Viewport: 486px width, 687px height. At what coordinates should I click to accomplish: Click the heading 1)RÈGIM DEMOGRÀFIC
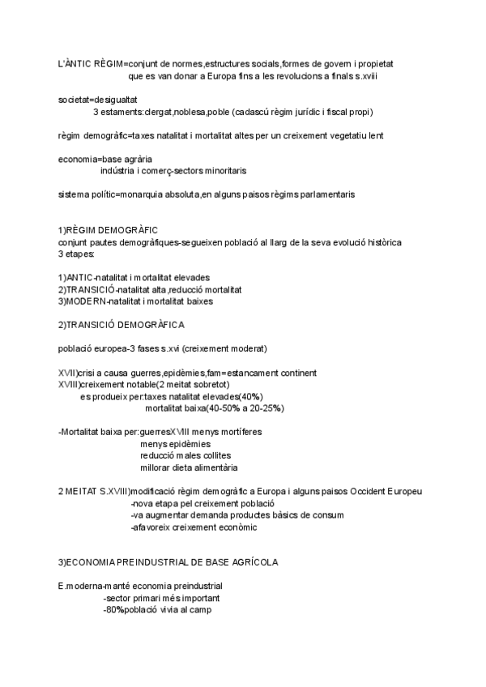pos(108,230)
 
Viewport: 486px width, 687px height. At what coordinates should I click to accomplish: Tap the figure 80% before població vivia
pos(113,609)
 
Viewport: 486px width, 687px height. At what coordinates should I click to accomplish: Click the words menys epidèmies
pos(175,444)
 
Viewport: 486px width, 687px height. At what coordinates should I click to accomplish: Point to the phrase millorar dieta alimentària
pos(189,467)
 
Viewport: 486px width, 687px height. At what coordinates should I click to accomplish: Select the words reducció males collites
pos(185,455)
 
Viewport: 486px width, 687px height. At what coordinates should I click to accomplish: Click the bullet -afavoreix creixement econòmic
pos(194,527)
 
